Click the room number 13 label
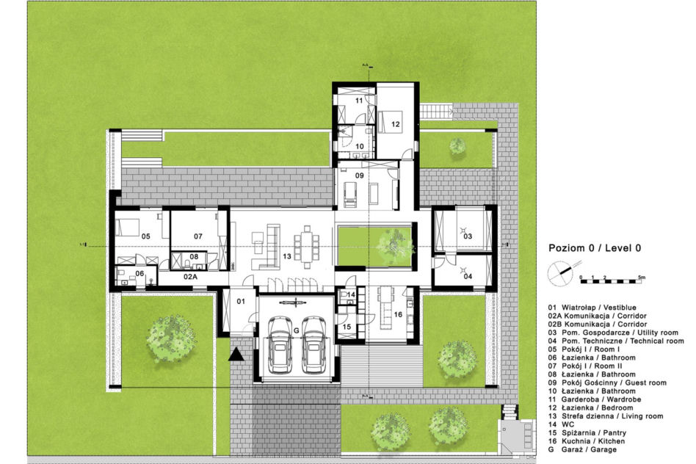click(x=287, y=256)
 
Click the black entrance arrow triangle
click(x=236, y=355)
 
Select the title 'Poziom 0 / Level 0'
click(x=595, y=248)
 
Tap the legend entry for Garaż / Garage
click(x=582, y=449)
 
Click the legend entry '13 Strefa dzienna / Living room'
click(x=606, y=416)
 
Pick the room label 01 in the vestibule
click(x=241, y=302)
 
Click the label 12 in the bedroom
click(x=396, y=124)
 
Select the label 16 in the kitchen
click(x=398, y=314)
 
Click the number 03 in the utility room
click(x=468, y=236)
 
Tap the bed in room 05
click(x=128, y=227)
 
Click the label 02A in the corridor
click(x=190, y=276)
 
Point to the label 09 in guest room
click(x=359, y=175)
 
